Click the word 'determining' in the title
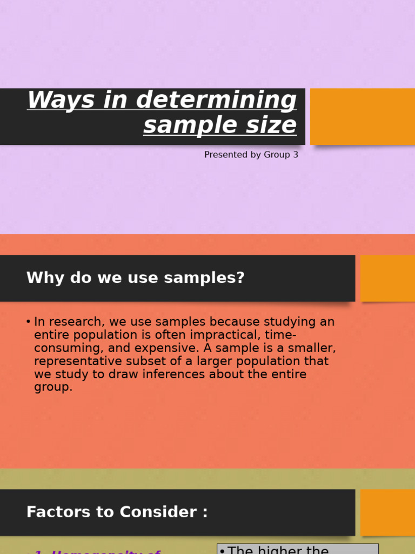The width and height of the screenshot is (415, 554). tap(217, 101)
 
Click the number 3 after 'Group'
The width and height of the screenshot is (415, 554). tap(295, 155)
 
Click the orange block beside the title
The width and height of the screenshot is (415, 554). tap(362, 116)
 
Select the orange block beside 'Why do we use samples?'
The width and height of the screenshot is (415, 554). tap(387, 278)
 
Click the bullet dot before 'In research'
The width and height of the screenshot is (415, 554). tap(28, 322)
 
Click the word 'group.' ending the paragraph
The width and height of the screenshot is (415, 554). tap(53, 387)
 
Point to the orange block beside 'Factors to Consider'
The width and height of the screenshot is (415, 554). tap(387, 512)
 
